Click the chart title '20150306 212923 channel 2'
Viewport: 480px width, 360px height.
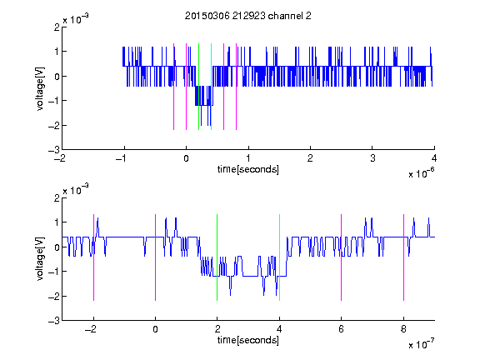(x=248, y=16)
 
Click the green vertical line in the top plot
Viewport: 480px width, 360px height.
(x=198, y=87)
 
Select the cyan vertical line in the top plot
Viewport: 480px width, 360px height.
(x=211, y=87)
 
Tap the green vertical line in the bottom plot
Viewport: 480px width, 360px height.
(x=217, y=257)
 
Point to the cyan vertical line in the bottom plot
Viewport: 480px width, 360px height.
(x=279, y=257)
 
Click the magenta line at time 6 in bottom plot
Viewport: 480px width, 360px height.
(x=342, y=257)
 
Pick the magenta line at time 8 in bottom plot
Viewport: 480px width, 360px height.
(x=404, y=257)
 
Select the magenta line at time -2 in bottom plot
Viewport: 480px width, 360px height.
(x=93, y=257)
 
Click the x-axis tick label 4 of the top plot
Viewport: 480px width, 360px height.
(x=434, y=158)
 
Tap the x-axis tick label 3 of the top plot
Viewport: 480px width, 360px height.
(x=372, y=158)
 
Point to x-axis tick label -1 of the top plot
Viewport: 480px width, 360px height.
(x=122, y=158)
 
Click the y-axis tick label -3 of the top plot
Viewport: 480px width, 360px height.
(x=54, y=150)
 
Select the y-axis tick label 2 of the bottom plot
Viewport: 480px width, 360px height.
(x=57, y=197)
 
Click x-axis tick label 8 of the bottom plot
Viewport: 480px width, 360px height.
(x=403, y=329)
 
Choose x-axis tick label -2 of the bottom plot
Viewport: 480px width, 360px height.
(x=91, y=329)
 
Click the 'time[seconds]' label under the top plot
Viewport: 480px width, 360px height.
(x=248, y=169)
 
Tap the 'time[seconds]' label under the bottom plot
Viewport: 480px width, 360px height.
(x=248, y=340)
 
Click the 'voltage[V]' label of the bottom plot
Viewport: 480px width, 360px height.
(x=40, y=259)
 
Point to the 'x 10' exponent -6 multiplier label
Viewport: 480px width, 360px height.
(x=421, y=173)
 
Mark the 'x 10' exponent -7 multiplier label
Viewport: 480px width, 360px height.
(x=421, y=344)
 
